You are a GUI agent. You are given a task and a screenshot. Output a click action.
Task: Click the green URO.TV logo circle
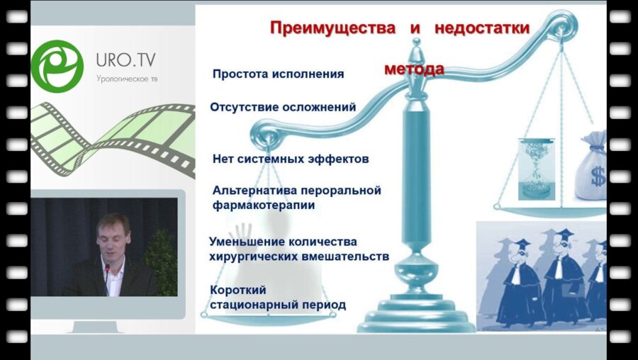click(x=57, y=66)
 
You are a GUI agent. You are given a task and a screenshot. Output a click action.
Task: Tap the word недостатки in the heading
click(x=489, y=28)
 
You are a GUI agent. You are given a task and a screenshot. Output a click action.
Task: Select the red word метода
click(x=414, y=69)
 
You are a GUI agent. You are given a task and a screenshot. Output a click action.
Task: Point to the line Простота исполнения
click(x=278, y=74)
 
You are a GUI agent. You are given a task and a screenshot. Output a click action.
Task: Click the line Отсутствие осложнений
click(x=282, y=107)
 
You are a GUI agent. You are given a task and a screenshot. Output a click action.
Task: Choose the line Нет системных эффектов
click(x=291, y=159)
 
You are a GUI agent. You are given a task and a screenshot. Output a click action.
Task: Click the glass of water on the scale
click(x=535, y=169)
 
